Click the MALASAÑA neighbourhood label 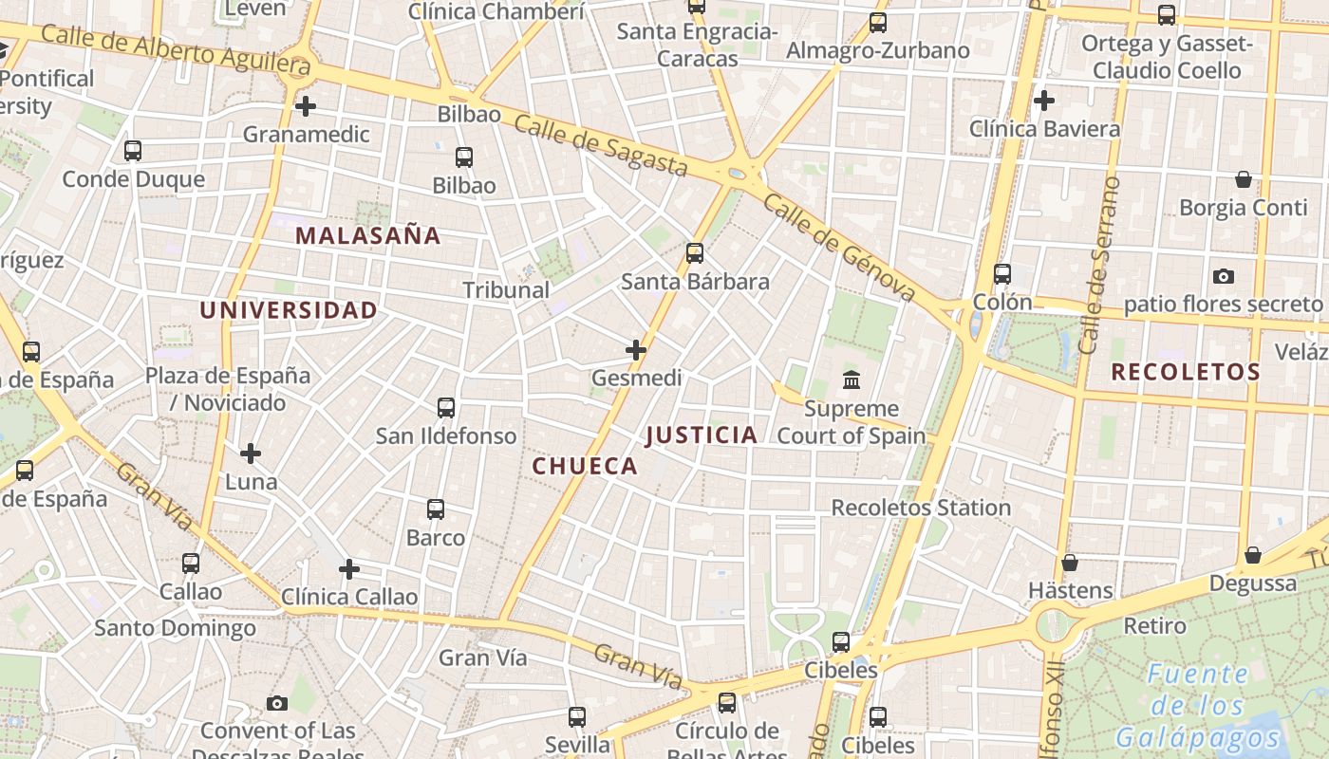368,235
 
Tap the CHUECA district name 585,466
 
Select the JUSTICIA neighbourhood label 702,435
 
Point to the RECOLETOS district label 1186,372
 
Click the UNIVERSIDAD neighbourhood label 289,310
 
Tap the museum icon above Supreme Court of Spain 852,380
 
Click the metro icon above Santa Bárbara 695,253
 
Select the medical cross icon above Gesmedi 636,350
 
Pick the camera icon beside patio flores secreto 1224,276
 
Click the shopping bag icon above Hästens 1070,563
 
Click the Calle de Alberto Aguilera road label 176,50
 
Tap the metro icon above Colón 1002,274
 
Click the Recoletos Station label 921,508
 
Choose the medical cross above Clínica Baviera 1044,100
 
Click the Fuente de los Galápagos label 1198,706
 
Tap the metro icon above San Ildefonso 446,408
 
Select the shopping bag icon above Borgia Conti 1244,179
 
